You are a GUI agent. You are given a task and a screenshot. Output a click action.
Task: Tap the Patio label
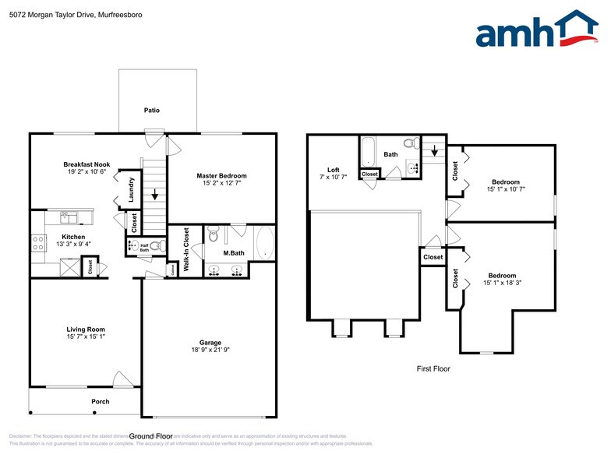[x=151, y=111]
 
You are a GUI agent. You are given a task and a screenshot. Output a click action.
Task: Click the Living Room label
[x=86, y=329]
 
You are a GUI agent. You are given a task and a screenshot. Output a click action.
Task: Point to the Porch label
[x=100, y=402]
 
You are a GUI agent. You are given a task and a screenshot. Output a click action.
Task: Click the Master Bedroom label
[x=221, y=176]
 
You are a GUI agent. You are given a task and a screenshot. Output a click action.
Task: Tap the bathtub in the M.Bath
[x=263, y=244]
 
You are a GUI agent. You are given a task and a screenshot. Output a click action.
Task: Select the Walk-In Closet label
[x=186, y=249]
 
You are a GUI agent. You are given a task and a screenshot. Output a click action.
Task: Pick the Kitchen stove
[x=37, y=242]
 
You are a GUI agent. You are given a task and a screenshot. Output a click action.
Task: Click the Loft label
[x=333, y=170]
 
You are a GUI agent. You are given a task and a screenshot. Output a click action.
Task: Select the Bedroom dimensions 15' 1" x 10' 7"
[x=506, y=189]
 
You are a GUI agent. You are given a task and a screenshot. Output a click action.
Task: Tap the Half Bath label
[x=144, y=247]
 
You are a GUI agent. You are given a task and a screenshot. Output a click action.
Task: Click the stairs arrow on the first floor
[x=432, y=148]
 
